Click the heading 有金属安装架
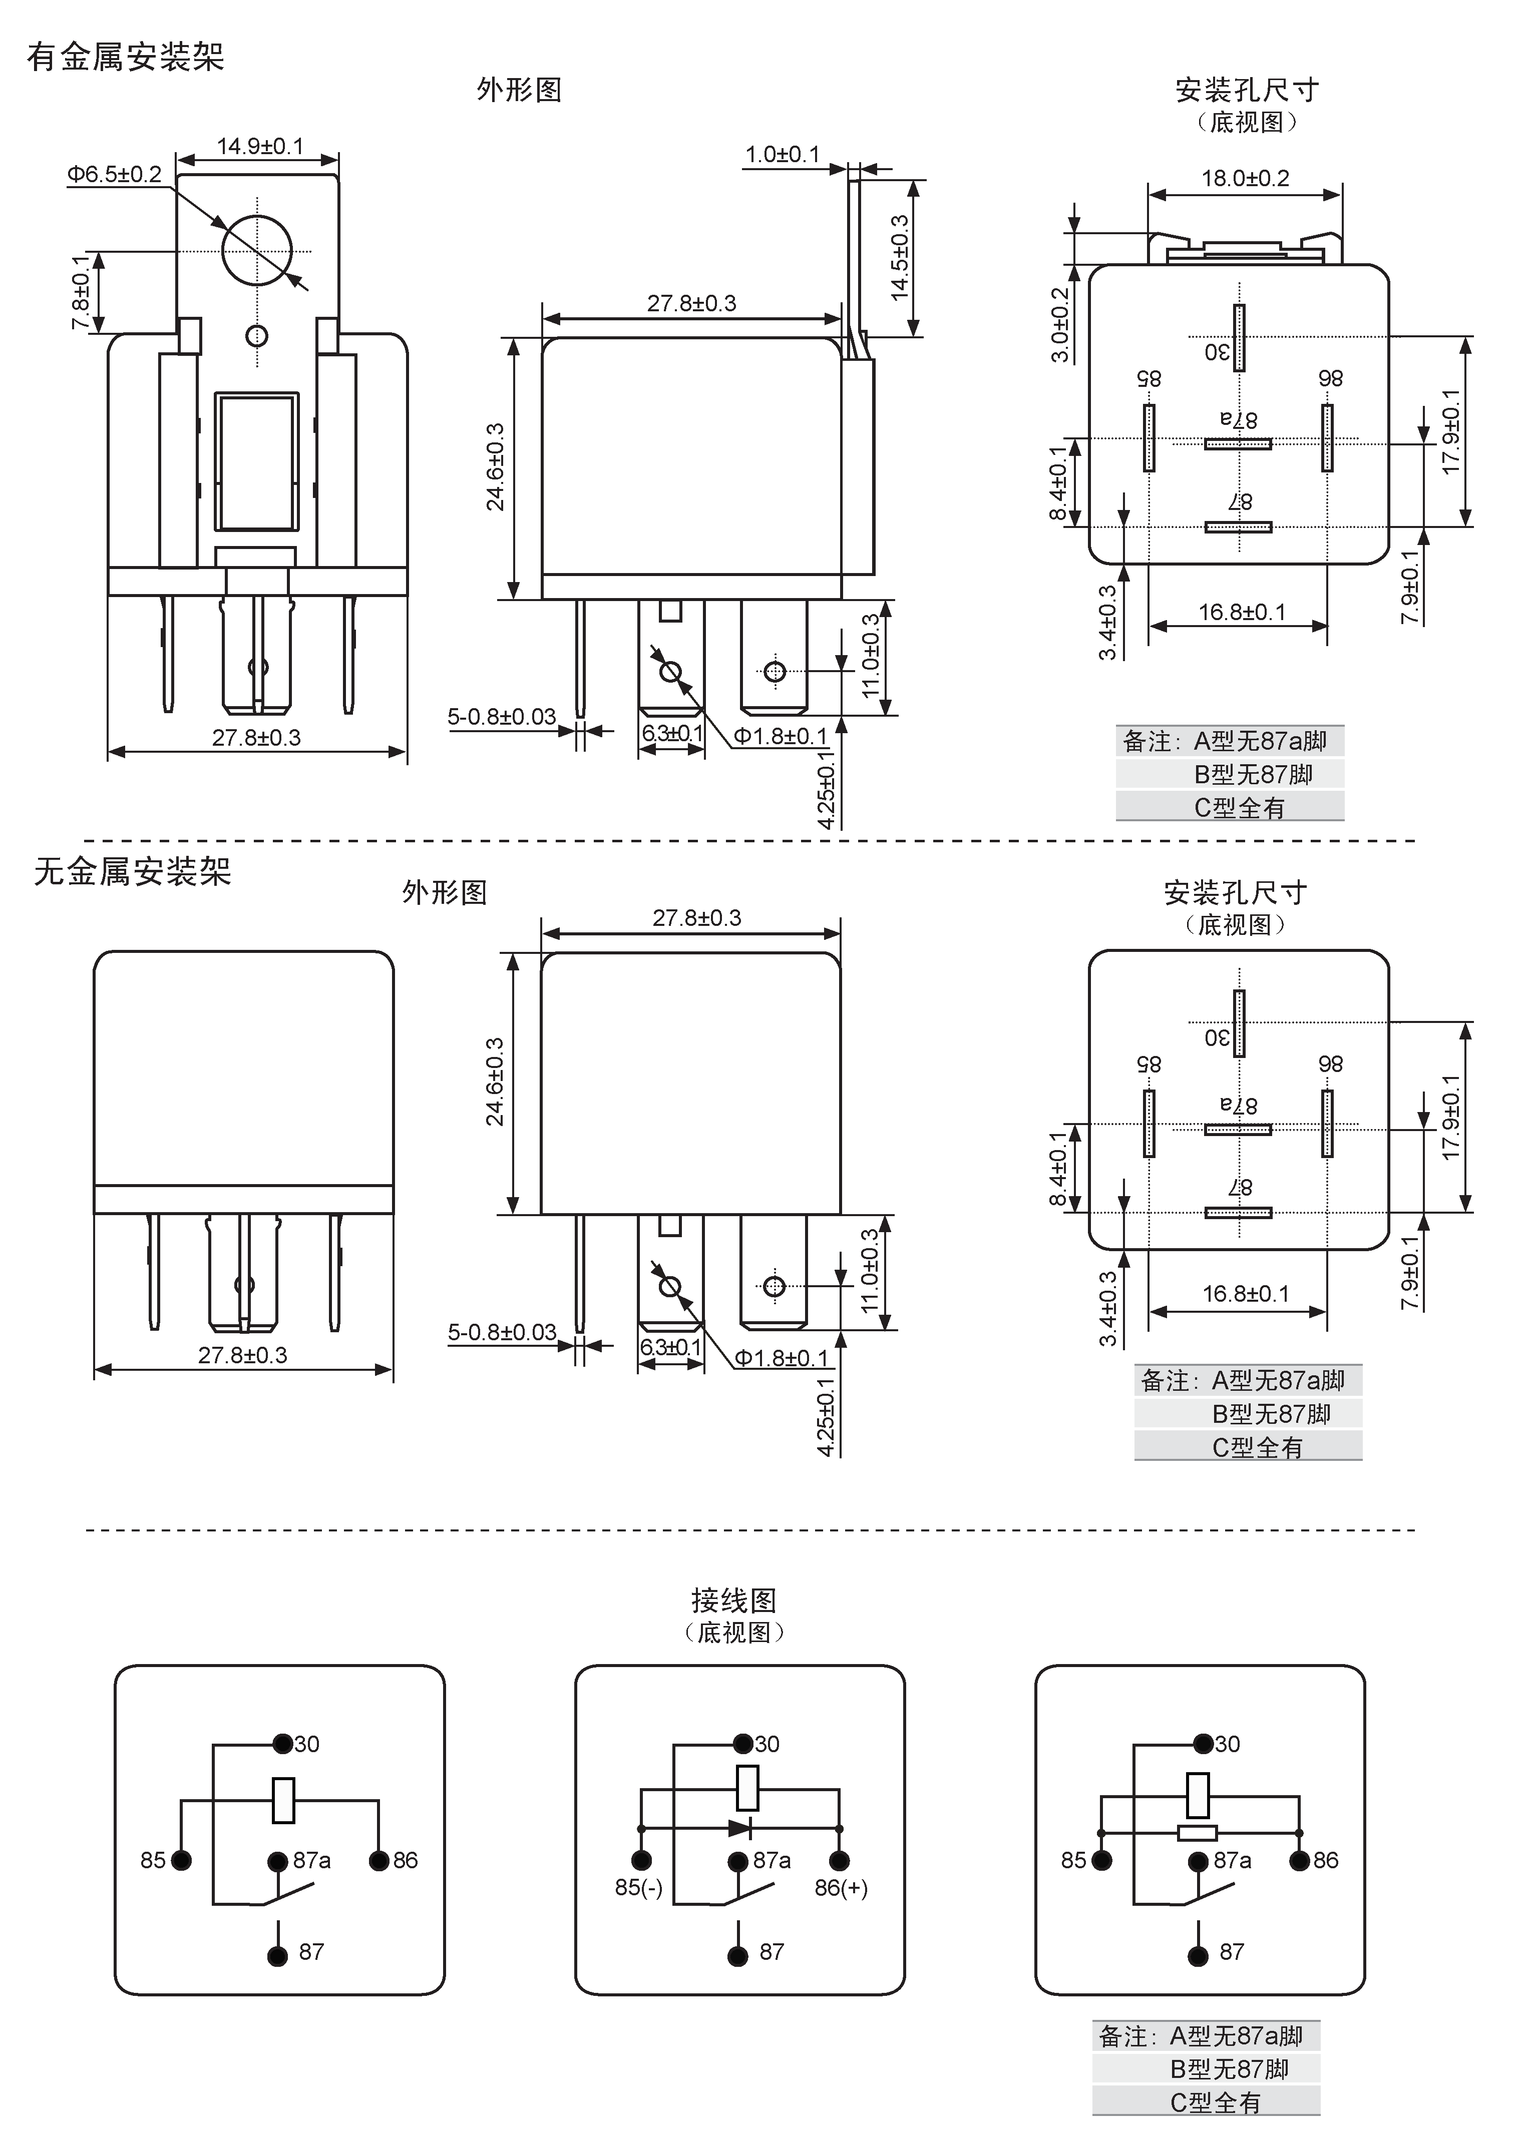125,57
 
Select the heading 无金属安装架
133,872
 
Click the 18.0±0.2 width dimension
1245,178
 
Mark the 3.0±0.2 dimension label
1060,325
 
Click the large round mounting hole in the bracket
256,250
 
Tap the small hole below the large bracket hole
256,335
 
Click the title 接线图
734,1599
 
